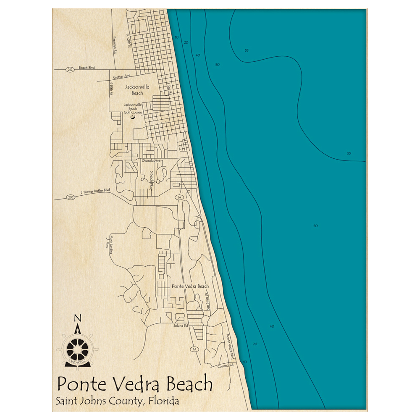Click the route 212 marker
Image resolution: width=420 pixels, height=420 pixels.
[x=70, y=69]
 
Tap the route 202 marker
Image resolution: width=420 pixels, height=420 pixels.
[x=71, y=197]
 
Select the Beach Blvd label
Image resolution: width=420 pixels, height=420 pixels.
[x=87, y=68]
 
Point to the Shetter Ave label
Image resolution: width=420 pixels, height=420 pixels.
[x=122, y=76]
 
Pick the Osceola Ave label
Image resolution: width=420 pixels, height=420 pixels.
[x=152, y=161]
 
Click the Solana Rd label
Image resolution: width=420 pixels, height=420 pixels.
[x=180, y=326]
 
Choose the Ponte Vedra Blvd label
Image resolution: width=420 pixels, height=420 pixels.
[x=229, y=346]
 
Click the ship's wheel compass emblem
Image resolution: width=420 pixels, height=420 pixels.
[x=78, y=348]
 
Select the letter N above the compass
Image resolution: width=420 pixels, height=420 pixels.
[x=77, y=318]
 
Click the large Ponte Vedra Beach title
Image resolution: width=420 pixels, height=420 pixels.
[x=134, y=384]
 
